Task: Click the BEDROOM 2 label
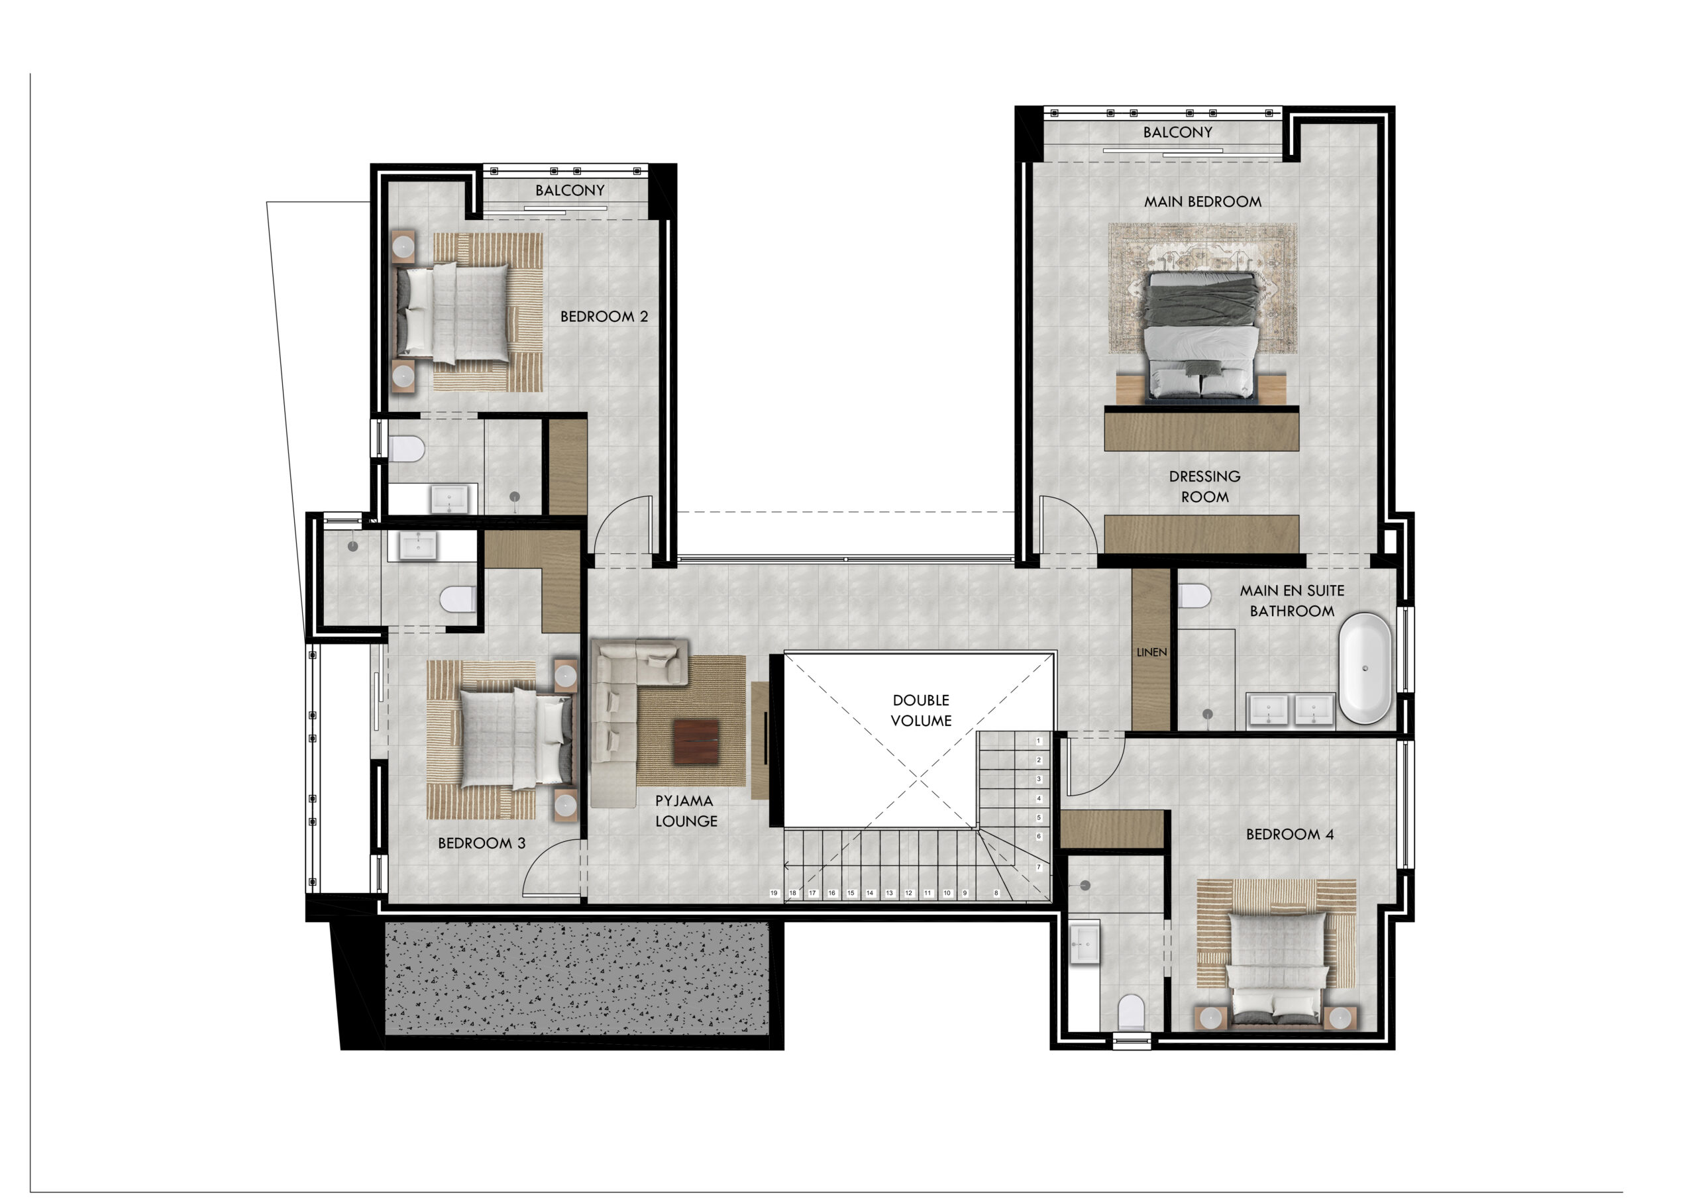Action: pos(604,317)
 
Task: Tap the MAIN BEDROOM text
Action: pos(1202,201)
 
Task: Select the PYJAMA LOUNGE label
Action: pos(686,810)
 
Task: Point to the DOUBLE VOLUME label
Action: pos(920,710)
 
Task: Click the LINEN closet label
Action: pos(1151,652)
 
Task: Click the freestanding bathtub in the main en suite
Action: pos(1365,668)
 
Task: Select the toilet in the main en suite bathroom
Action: pos(1194,596)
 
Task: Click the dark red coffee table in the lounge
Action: pos(695,743)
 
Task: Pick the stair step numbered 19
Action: pos(773,893)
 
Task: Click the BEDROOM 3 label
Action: pos(481,843)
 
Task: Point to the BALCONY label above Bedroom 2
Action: pos(570,191)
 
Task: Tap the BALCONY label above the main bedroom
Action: pos(1177,132)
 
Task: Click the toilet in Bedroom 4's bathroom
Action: pos(1131,1012)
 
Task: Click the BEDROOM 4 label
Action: pos(1290,835)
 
